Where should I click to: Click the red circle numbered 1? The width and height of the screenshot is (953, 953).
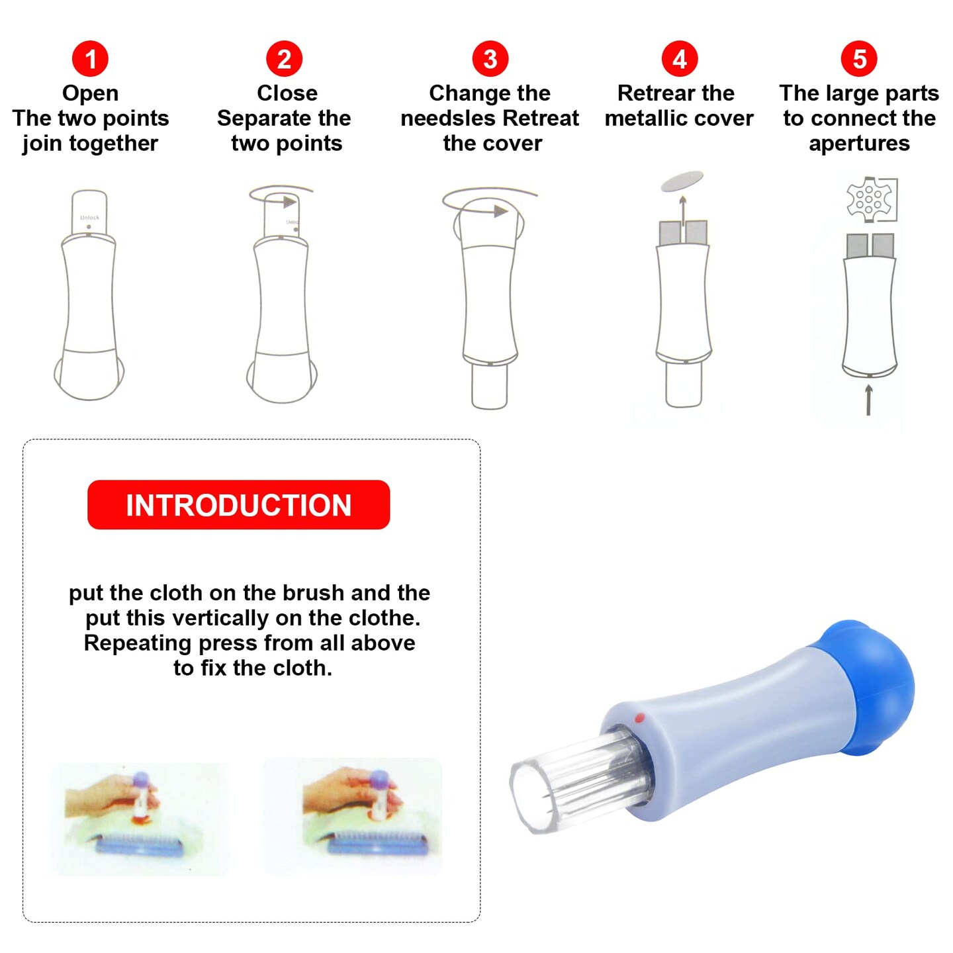[90, 59]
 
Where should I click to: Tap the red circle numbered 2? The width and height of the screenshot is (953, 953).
[284, 59]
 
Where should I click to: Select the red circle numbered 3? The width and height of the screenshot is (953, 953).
[490, 59]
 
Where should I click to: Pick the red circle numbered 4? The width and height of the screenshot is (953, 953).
[680, 59]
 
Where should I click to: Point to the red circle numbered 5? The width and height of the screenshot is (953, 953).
[859, 59]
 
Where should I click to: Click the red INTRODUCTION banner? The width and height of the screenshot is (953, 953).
[238, 504]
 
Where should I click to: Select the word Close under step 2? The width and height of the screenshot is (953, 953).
[287, 93]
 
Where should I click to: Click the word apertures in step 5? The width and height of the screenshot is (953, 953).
[860, 144]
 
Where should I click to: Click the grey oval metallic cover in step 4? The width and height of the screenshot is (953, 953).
[682, 181]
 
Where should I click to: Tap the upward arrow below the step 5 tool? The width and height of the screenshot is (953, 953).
[868, 400]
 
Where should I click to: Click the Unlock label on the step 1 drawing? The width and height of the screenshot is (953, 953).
[89, 218]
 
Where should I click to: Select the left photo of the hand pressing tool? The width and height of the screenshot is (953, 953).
[140, 819]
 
